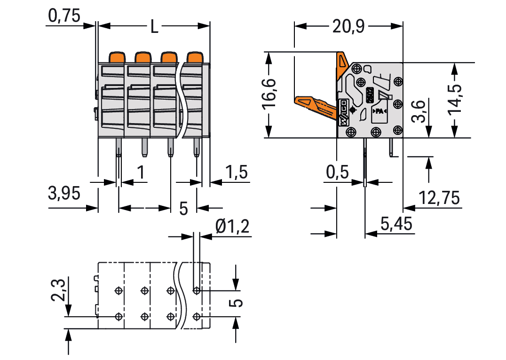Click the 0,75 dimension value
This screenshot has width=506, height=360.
[64, 16]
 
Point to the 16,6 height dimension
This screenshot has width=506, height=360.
[270, 94]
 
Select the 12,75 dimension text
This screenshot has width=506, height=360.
[439, 198]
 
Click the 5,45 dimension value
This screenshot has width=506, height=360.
[397, 224]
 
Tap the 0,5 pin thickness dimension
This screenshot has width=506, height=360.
[337, 173]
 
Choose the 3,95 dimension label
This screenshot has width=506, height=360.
[64, 193]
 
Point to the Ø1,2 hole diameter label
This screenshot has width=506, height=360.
[232, 228]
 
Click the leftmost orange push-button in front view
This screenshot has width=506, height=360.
[117, 57]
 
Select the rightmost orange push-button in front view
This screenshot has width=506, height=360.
[194, 57]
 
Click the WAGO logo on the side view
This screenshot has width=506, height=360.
[343, 113]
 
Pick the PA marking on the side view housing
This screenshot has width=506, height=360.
[379, 112]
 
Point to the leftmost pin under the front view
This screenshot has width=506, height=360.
[119, 149]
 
